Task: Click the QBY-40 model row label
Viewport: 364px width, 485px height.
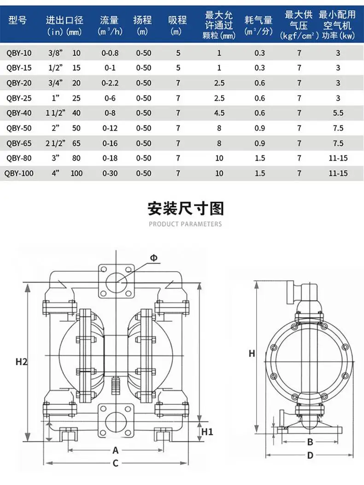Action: [x=19, y=113]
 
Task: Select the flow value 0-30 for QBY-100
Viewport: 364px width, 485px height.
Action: [x=110, y=173]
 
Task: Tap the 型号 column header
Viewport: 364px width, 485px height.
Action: [x=18, y=20]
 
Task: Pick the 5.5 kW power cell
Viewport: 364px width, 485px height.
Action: [x=338, y=113]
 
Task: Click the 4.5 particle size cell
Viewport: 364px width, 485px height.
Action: [x=219, y=113]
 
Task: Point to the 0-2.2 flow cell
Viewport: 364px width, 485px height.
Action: [x=110, y=83]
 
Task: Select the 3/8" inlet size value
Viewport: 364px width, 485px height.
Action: [x=55, y=53]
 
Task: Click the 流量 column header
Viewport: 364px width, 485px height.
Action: [x=109, y=20]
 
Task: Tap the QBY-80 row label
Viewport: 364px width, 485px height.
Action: [x=19, y=159]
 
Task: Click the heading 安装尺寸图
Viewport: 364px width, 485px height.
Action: [x=186, y=208]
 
